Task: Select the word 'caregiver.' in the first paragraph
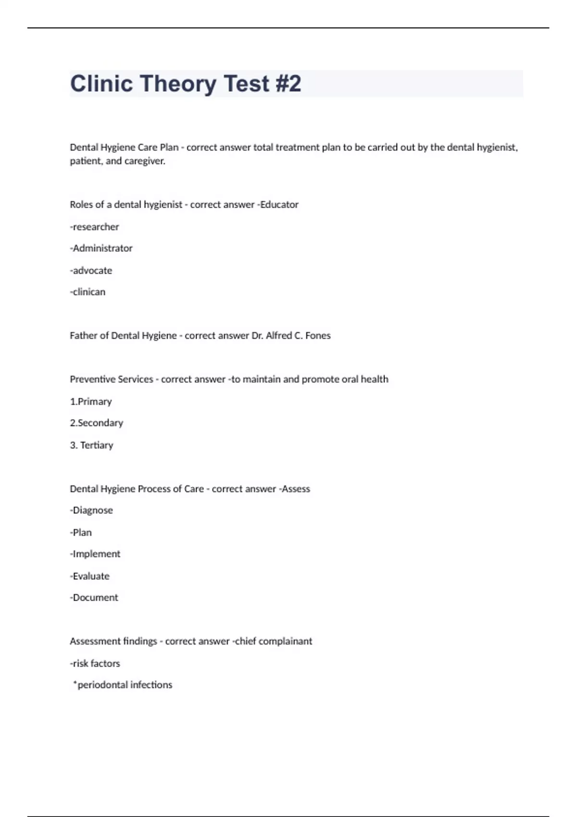point(145,161)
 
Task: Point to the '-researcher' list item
point(94,226)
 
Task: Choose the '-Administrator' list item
point(101,248)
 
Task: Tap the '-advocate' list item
point(91,270)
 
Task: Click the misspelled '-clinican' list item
point(88,292)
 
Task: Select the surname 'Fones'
point(318,335)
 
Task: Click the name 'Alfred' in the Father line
point(278,335)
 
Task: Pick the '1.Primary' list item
point(91,401)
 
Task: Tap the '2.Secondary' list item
point(97,423)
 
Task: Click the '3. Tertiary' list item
point(91,445)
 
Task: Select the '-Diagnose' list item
point(91,510)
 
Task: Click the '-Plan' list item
point(81,532)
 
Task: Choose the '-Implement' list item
point(95,554)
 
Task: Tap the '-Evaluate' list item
point(90,576)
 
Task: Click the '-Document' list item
point(94,597)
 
